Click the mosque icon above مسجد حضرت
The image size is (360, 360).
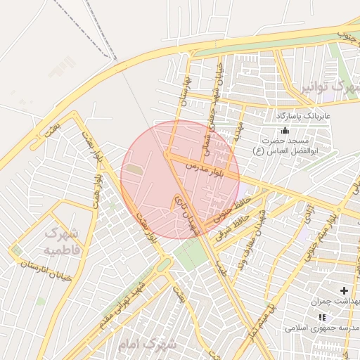coord(284,130)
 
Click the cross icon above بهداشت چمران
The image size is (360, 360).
coord(344,290)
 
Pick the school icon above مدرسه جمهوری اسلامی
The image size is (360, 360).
coord(322,317)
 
